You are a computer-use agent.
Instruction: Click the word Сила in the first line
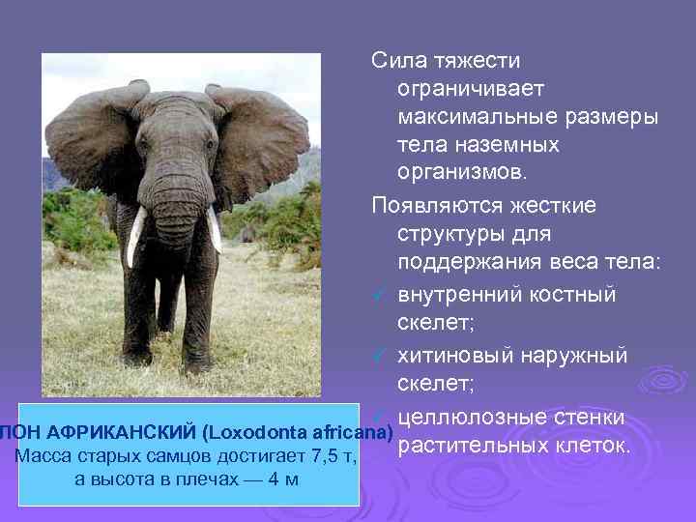(x=395, y=60)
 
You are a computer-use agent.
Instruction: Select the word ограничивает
(x=471, y=88)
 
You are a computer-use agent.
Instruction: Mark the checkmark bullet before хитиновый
(x=381, y=357)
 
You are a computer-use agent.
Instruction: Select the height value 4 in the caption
(x=274, y=478)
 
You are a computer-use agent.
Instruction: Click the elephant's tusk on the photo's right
(x=214, y=228)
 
